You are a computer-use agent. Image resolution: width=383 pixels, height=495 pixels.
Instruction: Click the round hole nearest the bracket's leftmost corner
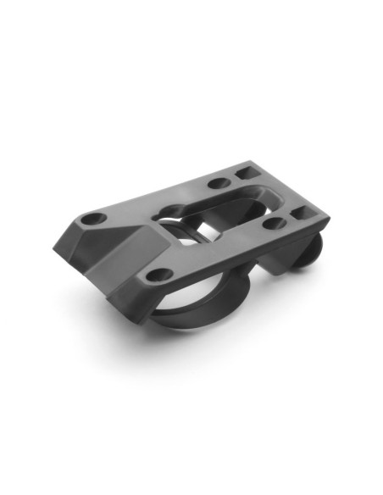(x=95, y=220)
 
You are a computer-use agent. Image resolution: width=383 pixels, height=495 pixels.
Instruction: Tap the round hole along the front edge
(x=155, y=275)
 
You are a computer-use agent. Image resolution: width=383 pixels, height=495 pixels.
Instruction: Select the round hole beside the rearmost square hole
(x=218, y=183)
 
